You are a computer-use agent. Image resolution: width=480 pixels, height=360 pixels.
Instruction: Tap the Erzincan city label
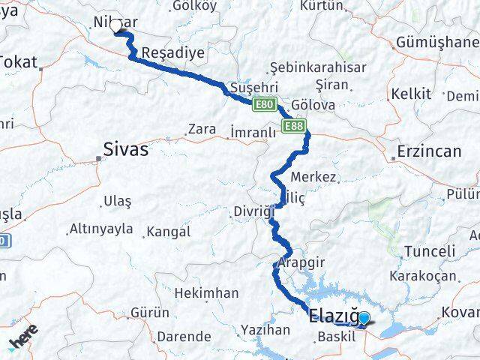[428, 151]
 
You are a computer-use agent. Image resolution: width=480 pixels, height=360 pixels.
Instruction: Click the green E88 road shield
[293, 126]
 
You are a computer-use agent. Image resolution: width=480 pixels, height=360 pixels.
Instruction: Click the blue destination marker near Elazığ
[364, 319]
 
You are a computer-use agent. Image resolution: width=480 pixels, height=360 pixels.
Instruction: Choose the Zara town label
[202, 129]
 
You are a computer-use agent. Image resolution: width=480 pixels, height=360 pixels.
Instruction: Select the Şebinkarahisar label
[318, 67]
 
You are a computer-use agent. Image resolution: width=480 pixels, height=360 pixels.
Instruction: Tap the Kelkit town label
[410, 94]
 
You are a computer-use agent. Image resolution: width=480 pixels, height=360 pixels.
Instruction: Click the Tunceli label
[429, 251]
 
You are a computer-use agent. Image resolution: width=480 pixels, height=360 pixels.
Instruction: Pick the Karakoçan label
[423, 275]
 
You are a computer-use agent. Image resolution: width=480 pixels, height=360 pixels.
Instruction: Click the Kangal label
[169, 232]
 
